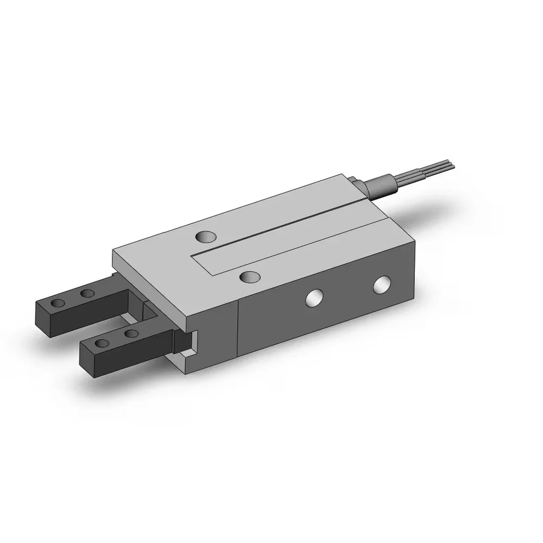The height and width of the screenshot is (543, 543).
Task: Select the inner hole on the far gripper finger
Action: tap(87, 294)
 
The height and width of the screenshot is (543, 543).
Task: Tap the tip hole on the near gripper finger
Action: tap(102, 343)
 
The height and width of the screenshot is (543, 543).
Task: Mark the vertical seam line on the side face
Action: tap(239, 337)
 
